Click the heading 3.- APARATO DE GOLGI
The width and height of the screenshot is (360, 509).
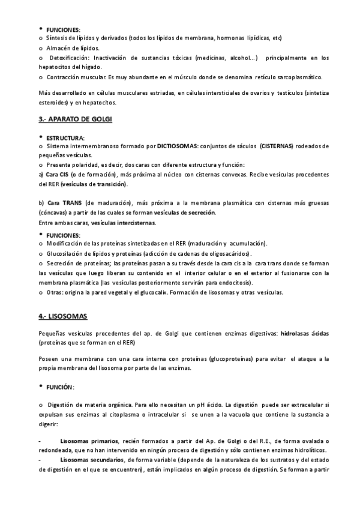[75, 119]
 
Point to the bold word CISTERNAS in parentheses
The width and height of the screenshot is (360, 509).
[277, 146]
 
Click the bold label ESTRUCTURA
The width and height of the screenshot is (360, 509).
[65, 137]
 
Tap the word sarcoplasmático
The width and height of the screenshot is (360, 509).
[296, 76]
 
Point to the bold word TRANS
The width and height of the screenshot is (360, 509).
[72, 203]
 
